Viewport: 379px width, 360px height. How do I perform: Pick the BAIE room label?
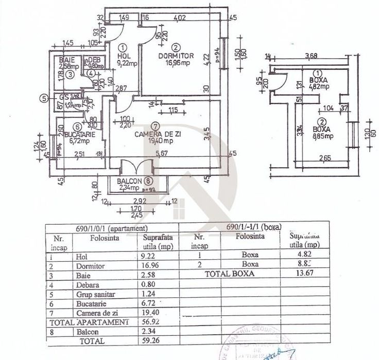click(x=65, y=60)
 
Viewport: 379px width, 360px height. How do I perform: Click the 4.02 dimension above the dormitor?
click(x=180, y=19)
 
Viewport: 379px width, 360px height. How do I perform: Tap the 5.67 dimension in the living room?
click(x=162, y=152)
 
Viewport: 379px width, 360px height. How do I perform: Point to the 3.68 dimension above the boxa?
click(x=311, y=56)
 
